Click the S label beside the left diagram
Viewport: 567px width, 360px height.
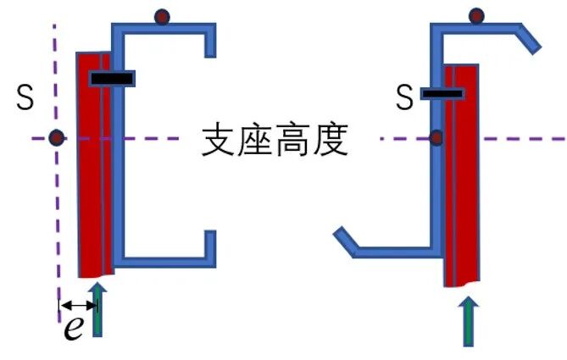click(25, 98)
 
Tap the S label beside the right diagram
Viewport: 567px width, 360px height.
click(405, 98)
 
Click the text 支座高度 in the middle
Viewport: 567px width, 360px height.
click(275, 141)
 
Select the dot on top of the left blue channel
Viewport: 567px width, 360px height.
click(162, 16)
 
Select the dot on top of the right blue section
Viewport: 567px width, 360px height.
click(477, 14)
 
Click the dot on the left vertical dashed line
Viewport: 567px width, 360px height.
click(56, 137)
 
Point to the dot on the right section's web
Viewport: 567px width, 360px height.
click(437, 137)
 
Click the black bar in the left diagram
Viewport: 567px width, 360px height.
click(112, 79)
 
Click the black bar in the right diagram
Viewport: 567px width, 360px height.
click(442, 93)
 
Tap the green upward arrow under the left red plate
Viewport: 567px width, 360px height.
click(98, 310)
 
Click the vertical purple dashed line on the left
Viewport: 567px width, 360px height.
click(56, 212)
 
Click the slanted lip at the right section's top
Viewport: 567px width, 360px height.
click(527, 38)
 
